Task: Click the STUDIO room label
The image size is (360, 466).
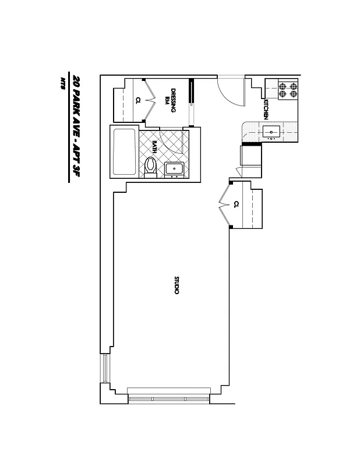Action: point(176,284)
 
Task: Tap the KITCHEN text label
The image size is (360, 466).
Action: point(266,109)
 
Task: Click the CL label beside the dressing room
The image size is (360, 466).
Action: point(138,100)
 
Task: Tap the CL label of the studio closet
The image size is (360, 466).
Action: point(236,204)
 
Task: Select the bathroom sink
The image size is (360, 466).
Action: point(175,169)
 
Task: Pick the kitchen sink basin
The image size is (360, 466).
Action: point(272,132)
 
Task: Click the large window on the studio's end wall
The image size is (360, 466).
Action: point(169,397)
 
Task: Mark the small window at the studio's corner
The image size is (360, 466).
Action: point(105,368)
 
